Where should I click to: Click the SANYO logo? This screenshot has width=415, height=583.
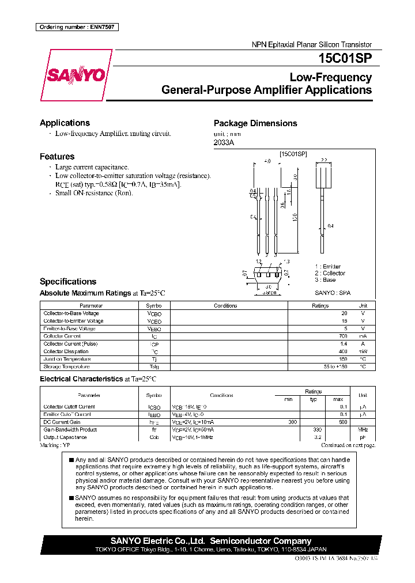point(76,75)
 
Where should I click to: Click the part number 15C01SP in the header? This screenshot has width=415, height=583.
point(345,59)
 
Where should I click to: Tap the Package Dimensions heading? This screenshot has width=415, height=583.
point(255,123)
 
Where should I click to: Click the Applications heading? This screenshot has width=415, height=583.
point(65,123)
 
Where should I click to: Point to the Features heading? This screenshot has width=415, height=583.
point(57,156)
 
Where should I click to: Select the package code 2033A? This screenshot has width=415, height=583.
point(224,142)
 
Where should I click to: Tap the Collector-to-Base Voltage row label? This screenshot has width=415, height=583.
point(71,313)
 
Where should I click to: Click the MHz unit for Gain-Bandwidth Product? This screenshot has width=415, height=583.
point(362,430)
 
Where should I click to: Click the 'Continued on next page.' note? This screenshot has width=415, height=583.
point(348,445)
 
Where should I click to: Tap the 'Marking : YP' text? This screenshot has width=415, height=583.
point(55,445)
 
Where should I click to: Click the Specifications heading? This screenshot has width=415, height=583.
point(67,282)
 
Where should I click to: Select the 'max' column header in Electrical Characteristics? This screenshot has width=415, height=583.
point(338,399)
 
